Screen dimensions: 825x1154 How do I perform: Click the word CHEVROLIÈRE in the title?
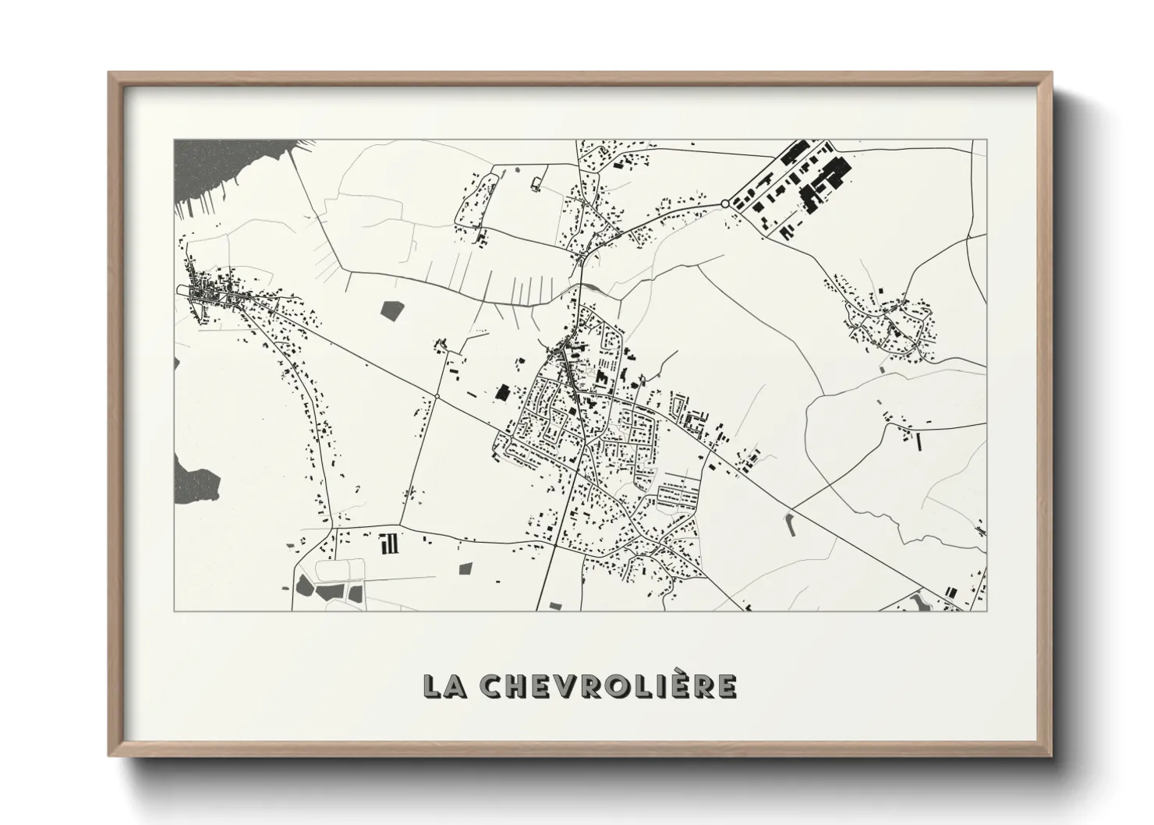608,685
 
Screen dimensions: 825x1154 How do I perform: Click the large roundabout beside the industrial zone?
725,204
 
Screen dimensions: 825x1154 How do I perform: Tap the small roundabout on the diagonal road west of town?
437,396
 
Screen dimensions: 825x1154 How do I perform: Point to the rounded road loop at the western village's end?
184,291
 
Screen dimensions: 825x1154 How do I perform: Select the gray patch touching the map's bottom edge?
555,606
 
